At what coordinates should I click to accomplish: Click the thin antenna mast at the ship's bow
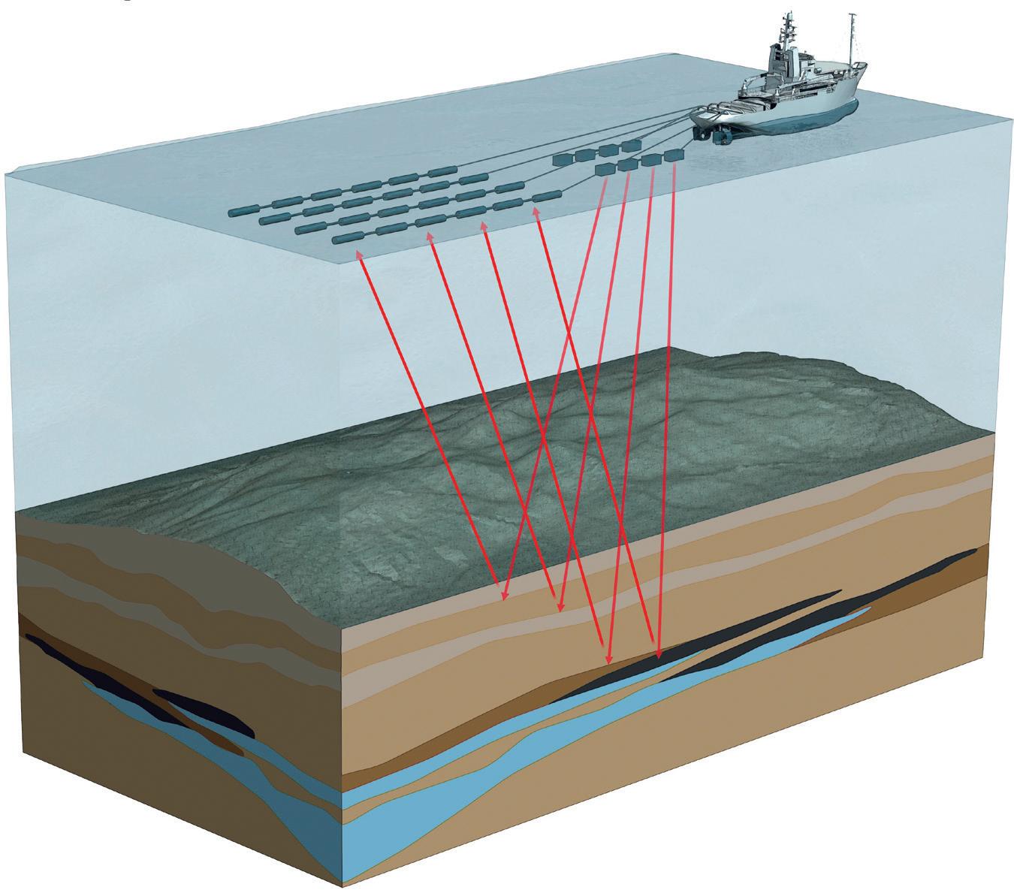tap(851, 38)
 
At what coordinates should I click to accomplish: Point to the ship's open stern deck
tap(721, 113)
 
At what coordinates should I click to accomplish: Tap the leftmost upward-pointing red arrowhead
tap(359, 255)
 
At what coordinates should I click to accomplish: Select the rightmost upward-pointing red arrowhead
tap(536, 213)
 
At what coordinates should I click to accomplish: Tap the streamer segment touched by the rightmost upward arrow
tap(545, 197)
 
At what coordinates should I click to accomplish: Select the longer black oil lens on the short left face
tap(75, 661)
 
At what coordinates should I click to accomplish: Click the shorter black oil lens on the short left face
tap(203, 710)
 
